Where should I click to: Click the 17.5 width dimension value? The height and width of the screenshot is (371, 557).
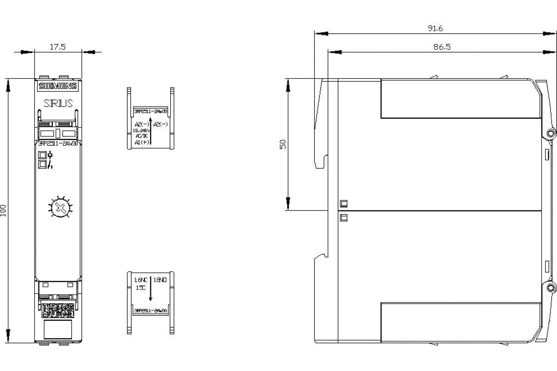point(58,46)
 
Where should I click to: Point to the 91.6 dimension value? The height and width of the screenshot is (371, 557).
point(435,28)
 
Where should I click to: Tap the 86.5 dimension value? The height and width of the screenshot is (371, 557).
point(441,47)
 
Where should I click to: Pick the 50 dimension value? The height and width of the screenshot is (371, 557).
point(283,144)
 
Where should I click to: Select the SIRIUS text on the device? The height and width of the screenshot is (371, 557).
point(58,103)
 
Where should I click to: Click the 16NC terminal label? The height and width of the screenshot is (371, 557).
point(141,280)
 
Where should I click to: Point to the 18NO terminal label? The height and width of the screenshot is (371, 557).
point(160,280)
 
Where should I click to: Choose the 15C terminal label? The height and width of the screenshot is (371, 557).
point(140,288)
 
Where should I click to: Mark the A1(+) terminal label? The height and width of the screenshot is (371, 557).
point(141,143)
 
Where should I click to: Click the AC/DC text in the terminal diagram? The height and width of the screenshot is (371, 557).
point(141,137)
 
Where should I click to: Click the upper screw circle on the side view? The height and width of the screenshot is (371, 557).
point(551,133)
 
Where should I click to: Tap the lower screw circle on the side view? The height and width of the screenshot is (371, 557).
point(551,288)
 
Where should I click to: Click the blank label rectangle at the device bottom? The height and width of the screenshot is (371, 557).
point(58,329)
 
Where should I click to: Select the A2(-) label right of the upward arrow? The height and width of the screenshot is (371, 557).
point(160,124)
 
